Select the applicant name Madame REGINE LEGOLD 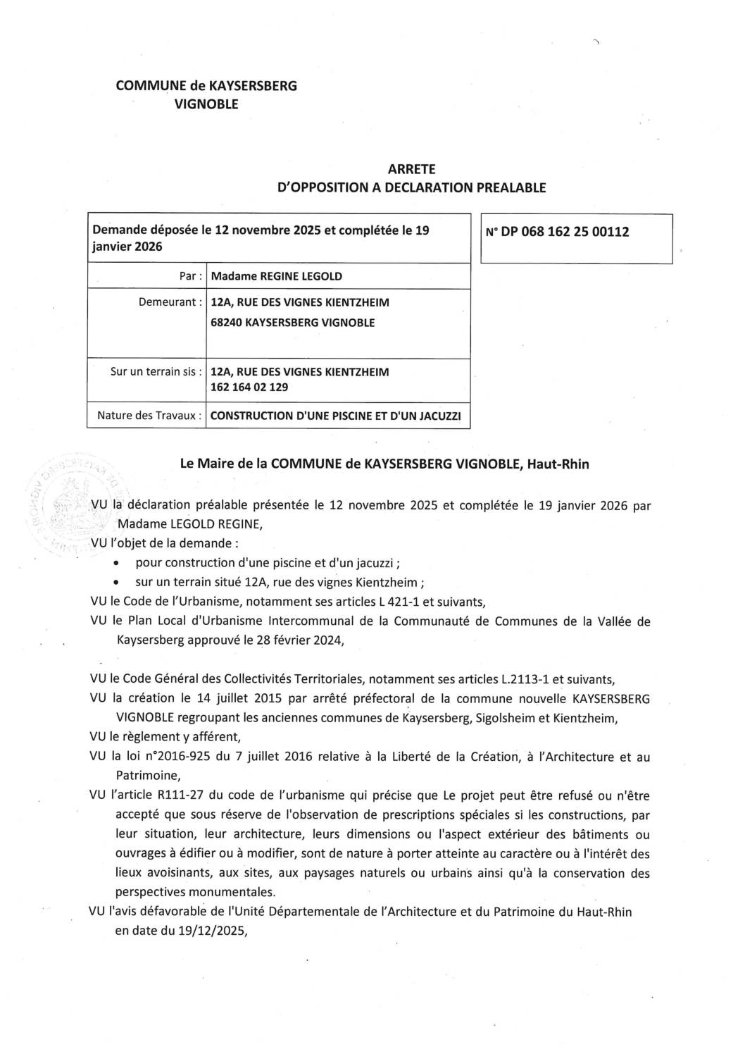pyautogui.click(x=276, y=276)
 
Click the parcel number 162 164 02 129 pyautogui.click(x=249, y=387)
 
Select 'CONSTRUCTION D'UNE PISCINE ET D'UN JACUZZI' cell pyautogui.click(x=336, y=416)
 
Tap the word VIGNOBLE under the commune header pyautogui.click(x=206, y=104)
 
